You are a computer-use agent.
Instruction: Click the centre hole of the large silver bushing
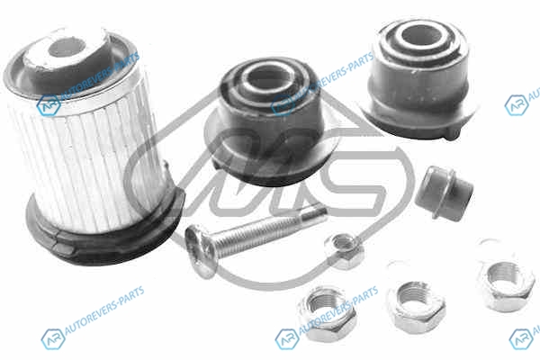click(x=67, y=48)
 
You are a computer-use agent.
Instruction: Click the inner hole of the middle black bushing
click(x=268, y=79)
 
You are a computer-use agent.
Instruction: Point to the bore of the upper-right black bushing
click(x=421, y=35)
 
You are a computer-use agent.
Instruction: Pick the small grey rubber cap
click(x=445, y=193)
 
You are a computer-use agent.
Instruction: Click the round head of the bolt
click(x=201, y=250)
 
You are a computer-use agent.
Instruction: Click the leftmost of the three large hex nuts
click(x=328, y=313)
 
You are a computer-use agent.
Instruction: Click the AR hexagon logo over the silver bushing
click(x=49, y=105)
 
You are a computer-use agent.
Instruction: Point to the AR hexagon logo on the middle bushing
click(x=283, y=105)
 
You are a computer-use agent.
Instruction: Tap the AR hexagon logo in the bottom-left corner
click(x=53, y=339)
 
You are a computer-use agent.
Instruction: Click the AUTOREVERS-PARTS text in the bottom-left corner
click(x=104, y=310)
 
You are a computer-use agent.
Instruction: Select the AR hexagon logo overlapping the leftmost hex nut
click(x=287, y=339)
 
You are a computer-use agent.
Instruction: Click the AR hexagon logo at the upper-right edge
click(x=517, y=105)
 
